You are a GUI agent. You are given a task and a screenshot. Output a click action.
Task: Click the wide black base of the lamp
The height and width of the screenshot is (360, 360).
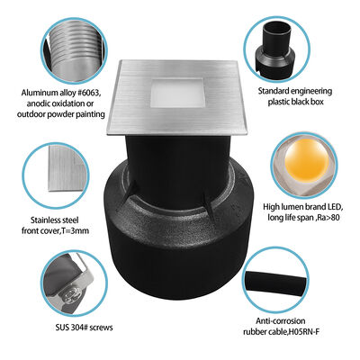click(180, 270)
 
